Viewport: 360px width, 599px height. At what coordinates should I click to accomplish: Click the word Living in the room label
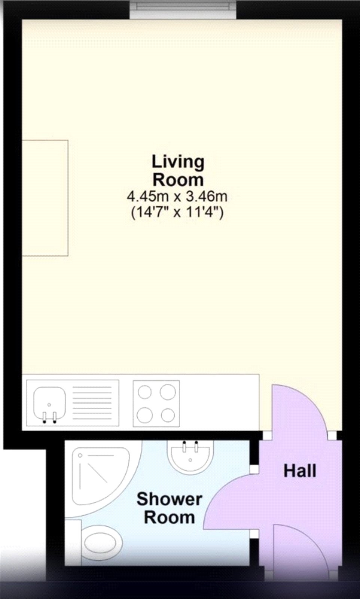(178, 162)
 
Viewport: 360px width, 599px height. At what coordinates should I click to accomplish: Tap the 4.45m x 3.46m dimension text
(177, 196)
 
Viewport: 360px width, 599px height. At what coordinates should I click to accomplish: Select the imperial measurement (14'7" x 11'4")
(177, 213)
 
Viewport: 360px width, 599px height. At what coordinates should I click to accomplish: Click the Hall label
(299, 471)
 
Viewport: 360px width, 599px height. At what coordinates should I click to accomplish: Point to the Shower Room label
(169, 508)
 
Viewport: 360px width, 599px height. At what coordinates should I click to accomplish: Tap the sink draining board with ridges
(92, 403)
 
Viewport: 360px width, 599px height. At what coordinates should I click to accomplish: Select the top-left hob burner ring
(145, 392)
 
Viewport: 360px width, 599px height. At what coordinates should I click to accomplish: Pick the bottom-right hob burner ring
(168, 415)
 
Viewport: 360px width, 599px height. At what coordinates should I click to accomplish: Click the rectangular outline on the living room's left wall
(45, 198)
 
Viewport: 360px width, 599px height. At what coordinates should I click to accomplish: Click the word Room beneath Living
(178, 180)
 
